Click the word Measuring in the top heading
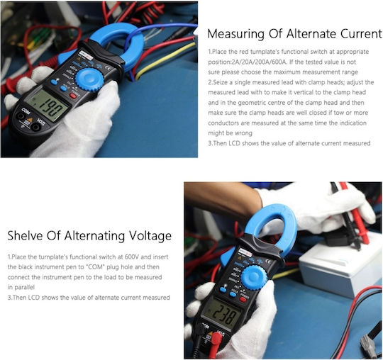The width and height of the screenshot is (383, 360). click(235, 34)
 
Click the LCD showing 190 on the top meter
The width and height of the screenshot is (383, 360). click(47, 104)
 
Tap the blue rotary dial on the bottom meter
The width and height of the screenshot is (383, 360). click(255, 277)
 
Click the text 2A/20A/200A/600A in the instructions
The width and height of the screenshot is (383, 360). click(259, 62)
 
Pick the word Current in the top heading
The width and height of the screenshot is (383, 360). click(361, 33)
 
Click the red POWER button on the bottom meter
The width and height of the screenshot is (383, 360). click(243, 299)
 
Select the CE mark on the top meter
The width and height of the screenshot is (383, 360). click(108, 68)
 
